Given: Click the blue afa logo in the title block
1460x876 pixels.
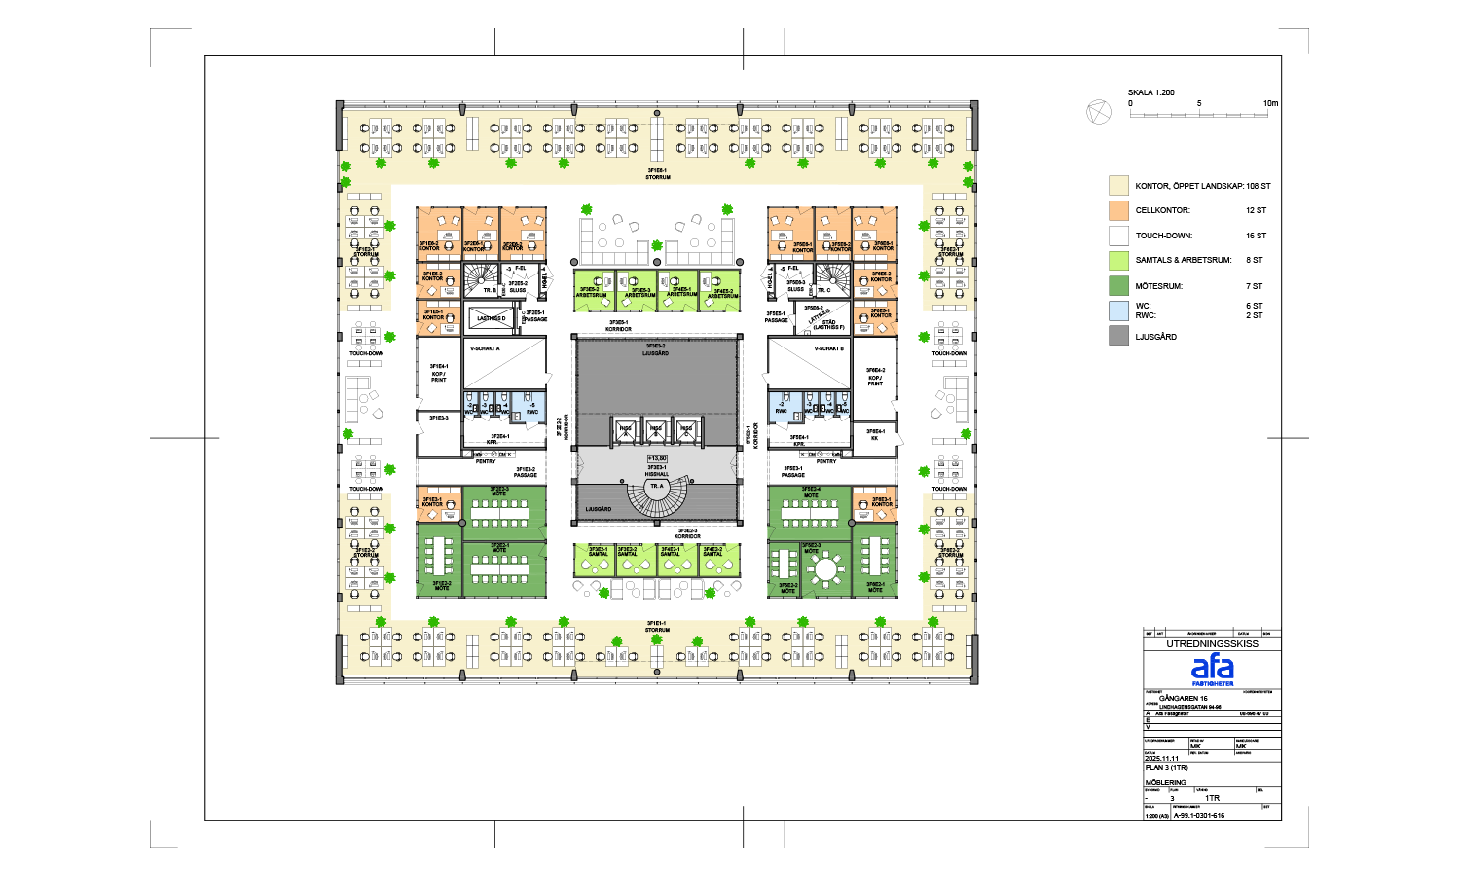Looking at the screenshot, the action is click(x=1212, y=667).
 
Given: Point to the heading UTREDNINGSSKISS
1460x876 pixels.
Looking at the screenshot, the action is click(x=1212, y=643).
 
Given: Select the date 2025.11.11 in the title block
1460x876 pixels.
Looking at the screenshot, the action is click(x=1161, y=759).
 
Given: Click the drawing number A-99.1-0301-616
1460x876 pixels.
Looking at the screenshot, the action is click(x=1199, y=816).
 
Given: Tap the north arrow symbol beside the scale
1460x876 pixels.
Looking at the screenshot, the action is click(x=1098, y=112).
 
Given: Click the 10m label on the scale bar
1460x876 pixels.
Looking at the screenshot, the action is click(x=1270, y=103).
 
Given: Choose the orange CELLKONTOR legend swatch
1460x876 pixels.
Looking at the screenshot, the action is click(x=1118, y=210).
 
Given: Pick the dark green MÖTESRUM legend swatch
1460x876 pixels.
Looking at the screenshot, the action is click(x=1118, y=286).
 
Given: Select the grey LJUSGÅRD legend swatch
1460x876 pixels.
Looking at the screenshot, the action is click(x=1118, y=336).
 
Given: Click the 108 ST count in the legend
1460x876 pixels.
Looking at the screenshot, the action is click(x=1258, y=186).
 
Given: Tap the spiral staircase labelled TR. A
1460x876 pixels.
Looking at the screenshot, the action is click(x=656, y=496).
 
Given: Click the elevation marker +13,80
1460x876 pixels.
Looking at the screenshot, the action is click(x=657, y=457).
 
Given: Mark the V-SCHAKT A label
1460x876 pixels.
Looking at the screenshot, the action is click(x=485, y=348).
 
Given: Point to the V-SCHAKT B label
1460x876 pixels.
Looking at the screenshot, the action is click(x=829, y=348).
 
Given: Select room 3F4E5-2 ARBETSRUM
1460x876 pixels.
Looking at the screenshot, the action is click(x=722, y=292).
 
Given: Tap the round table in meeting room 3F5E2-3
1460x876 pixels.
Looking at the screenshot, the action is click(x=826, y=567).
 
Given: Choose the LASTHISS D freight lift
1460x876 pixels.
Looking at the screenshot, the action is click(x=492, y=318).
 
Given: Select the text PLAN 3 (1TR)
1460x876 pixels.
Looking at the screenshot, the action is click(x=1166, y=768).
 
